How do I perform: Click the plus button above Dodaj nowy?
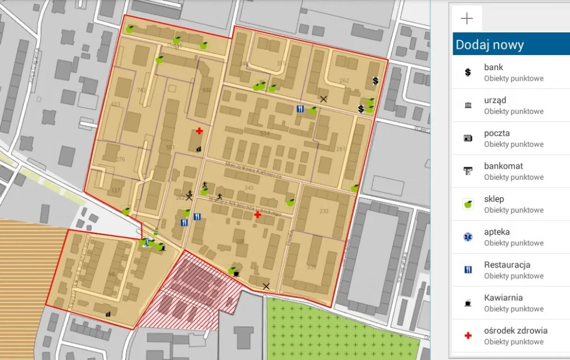point(467,19)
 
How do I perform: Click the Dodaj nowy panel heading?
point(490,45)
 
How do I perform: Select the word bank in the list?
point(494,67)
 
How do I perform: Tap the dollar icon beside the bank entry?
point(468,72)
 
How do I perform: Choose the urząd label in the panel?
point(495,100)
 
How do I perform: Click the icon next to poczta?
point(468,138)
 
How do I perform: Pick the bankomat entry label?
point(503,166)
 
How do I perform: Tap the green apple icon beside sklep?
point(468,204)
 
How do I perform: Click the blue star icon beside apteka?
point(468,237)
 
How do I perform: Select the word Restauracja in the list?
point(507,264)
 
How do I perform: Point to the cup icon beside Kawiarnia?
point(468,303)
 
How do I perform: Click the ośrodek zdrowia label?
point(515,331)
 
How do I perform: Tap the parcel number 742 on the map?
point(141,90)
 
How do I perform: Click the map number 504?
point(264,134)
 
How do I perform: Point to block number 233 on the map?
point(325,211)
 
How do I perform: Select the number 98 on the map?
point(111,274)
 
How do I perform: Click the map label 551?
point(170,147)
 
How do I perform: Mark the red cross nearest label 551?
point(199,130)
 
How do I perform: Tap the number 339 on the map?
point(311,268)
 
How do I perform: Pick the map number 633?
point(116,104)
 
